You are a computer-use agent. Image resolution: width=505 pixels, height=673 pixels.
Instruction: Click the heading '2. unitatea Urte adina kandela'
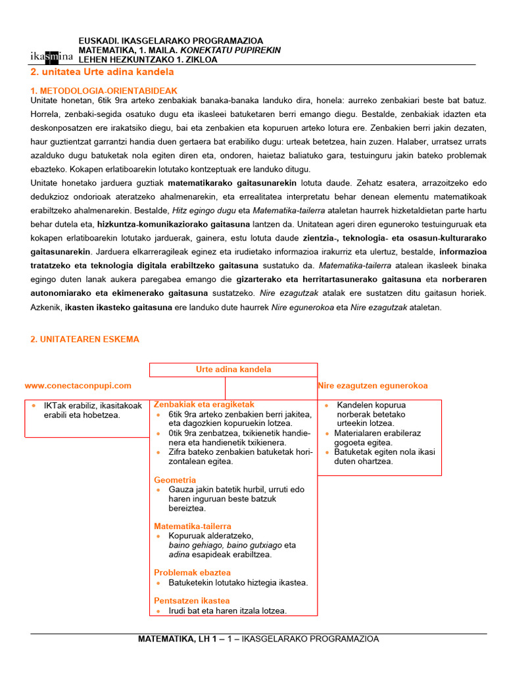click(103, 72)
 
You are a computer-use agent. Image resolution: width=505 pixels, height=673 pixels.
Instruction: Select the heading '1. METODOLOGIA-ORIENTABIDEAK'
click(104, 90)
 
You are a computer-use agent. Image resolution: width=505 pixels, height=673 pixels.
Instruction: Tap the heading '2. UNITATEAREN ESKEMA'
click(85, 339)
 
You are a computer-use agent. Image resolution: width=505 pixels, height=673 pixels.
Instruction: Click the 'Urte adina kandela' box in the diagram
click(233, 369)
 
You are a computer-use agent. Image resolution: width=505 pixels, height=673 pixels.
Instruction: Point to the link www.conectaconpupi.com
click(78, 386)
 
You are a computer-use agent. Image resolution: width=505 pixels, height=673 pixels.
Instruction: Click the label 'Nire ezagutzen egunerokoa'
click(373, 386)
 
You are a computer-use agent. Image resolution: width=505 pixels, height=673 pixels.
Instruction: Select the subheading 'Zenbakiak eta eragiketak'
click(204, 404)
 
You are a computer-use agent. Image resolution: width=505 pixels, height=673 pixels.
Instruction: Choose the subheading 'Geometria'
click(175, 480)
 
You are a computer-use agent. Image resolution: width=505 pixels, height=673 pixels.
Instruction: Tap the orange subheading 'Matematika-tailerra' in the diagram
click(193, 526)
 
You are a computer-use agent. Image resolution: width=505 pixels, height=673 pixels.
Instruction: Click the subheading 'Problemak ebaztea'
click(192, 572)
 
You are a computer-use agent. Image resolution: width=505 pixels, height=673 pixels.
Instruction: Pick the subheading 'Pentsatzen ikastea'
click(192, 601)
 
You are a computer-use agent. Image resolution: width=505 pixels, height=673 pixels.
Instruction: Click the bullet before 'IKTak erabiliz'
click(34, 406)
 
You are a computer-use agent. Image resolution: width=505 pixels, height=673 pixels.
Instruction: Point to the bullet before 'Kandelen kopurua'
click(327, 406)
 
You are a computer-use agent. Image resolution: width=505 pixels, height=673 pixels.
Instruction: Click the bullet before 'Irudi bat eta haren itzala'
click(158, 611)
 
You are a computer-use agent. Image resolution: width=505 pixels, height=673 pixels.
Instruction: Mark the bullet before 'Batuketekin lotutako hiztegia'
click(158, 583)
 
